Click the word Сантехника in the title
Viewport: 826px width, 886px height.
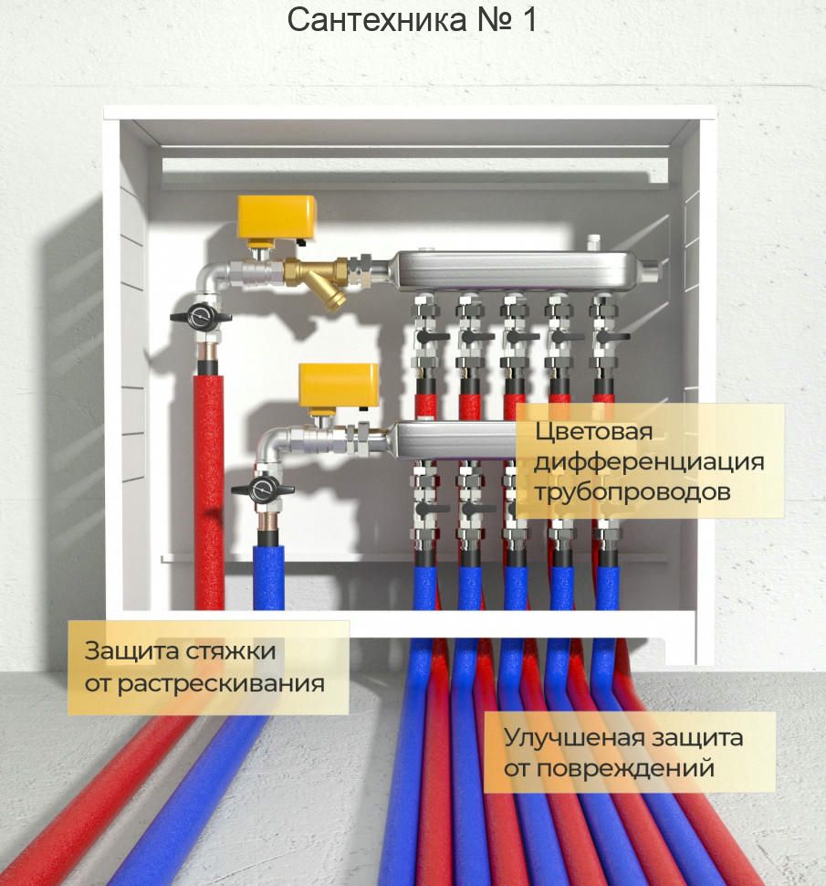point(377,19)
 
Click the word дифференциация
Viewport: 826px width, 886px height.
point(648,461)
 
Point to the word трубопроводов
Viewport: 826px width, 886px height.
point(632,491)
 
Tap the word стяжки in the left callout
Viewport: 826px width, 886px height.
point(232,651)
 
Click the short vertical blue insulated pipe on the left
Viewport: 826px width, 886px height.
point(267,575)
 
